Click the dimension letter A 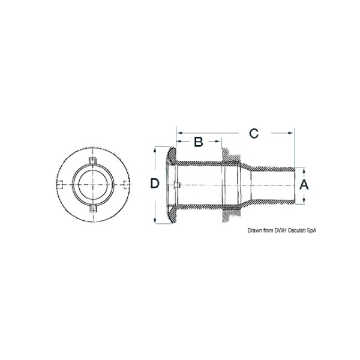click(304, 185)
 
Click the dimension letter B click(199, 142)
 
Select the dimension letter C click(254, 133)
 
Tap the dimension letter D click(155, 184)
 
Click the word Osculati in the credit click(297, 230)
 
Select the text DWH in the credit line click(281, 230)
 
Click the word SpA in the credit click(312, 231)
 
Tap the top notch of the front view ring click(93, 161)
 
